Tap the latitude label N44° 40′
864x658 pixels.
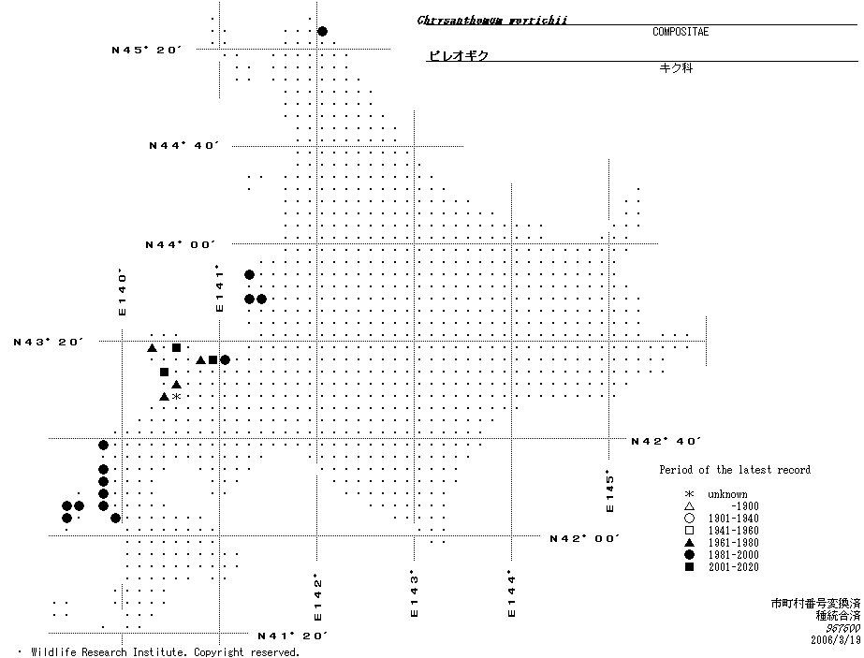coord(183,146)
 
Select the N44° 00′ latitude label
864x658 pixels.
coord(180,244)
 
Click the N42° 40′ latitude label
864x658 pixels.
coord(666,441)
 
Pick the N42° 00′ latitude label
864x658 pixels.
coord(585,538)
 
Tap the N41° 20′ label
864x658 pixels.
coord(292,636)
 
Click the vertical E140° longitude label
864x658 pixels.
coord(122,294)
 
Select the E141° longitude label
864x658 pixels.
coord(220,288)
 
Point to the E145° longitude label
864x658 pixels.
coord(610,490)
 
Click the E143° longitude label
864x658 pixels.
coord(415,594)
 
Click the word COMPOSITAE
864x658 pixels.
coord(681,32)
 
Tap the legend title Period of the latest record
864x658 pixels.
coord(734,470)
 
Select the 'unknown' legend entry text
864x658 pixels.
coord(727,494)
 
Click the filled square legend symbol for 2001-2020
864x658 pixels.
coord(689,567)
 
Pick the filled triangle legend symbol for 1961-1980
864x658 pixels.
coord(689,543)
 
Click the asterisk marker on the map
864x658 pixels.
coord(176,397)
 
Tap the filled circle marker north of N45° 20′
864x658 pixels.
coord(322,31)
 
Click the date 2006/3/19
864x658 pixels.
coord(835,640)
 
